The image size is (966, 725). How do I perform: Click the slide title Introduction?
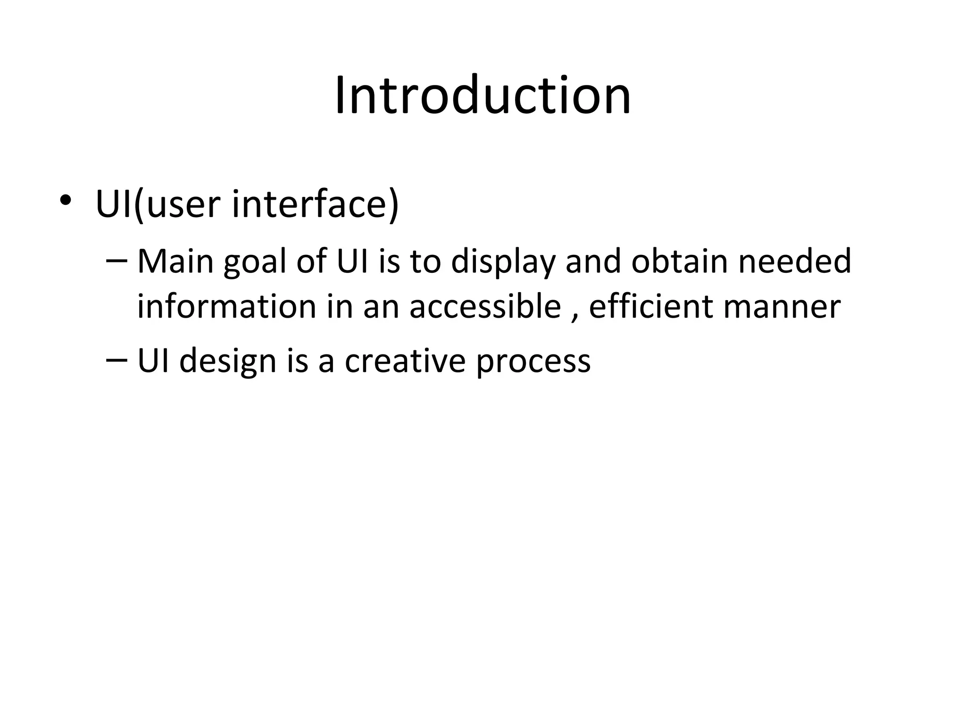tap(483, 96)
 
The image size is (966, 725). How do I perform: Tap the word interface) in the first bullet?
tap(316, 204)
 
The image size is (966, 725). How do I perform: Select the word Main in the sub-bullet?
tap(175, 261)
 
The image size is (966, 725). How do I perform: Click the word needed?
tap(795, 261)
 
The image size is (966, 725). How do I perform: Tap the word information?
tap(226, 306)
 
